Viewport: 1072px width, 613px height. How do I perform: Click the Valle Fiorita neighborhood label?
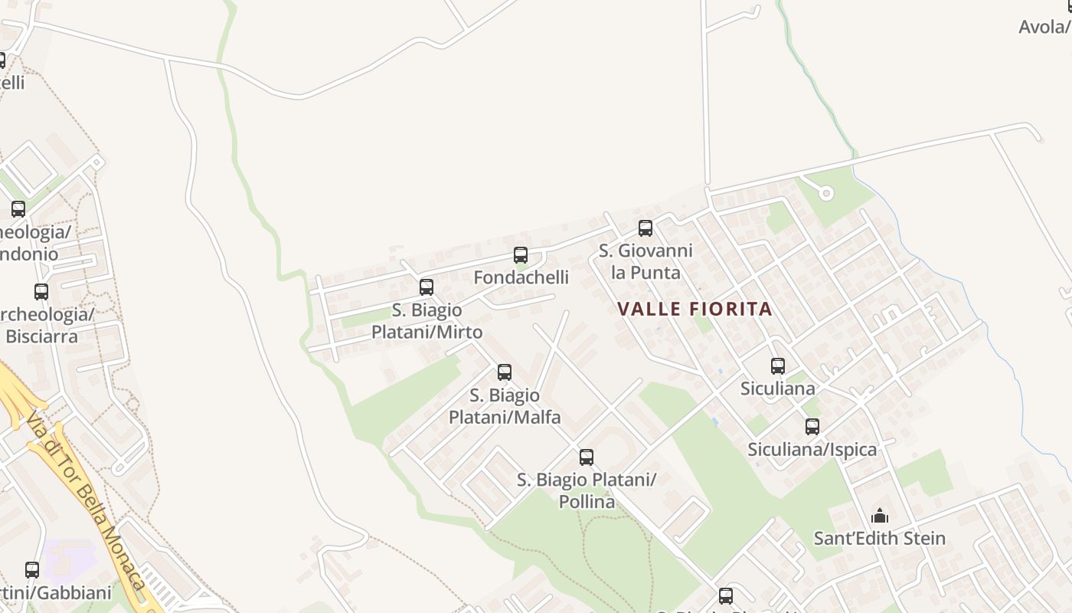click(x=695, y=309)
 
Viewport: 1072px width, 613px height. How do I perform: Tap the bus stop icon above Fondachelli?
click(x=521, y=255)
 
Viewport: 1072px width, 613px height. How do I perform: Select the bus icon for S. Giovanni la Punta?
click(x=645, y=228)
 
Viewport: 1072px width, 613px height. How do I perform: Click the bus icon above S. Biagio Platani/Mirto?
click(x=427, y=287)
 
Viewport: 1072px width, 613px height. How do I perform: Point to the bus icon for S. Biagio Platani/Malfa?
click(x=505, y=372)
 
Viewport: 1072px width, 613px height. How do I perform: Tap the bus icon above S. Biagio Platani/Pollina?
click(x=587, y=457)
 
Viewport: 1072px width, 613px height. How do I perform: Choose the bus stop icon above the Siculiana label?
click(x=778, y=366)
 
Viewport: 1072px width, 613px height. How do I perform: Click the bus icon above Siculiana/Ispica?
click(x=812, y=427)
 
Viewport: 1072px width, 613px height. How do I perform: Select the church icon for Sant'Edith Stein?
click(x=880, y=516)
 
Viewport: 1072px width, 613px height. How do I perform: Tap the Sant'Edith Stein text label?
click(x=879, y=538)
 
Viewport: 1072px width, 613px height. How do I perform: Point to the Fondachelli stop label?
click(x=521, y=277)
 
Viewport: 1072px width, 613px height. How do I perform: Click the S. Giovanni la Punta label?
click(x=645, y=261)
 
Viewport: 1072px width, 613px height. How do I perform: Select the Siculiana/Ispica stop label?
click(x=812, y=449)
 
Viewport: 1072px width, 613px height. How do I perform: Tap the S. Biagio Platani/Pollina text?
click(x=587, y=490)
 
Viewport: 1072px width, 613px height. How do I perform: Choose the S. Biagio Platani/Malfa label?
click(x=505, y=406)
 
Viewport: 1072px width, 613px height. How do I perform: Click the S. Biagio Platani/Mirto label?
click(x=427, y=321)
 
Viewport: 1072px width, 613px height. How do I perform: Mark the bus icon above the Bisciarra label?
click(x=41, y=292)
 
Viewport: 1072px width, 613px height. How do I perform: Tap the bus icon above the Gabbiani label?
click(x=32, y=570)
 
